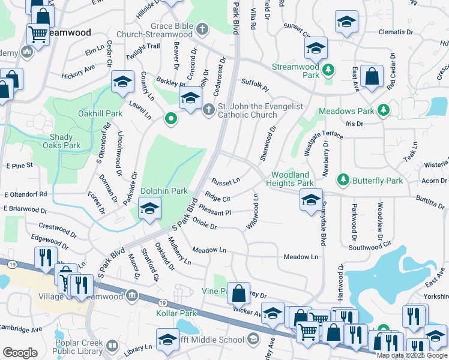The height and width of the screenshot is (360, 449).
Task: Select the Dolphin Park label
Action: [x=164, y=191]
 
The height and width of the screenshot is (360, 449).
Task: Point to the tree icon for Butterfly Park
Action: [x=343, y=179]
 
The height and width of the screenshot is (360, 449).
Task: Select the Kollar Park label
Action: [x=176, y=314]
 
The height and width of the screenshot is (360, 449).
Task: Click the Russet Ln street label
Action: [x=226, y=180]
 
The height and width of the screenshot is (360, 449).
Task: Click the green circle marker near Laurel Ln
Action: [x=171, y=119]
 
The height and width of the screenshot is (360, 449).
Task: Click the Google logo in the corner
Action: [x=20, y=352]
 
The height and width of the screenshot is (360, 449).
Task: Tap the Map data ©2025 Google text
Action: [x=412, y=355]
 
